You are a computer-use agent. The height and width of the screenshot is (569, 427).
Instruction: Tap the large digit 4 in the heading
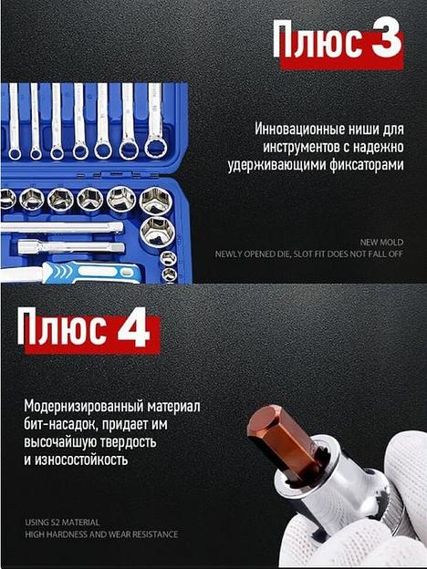(x=133, y=327)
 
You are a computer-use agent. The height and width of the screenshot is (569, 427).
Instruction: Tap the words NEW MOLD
(x=381, y=243)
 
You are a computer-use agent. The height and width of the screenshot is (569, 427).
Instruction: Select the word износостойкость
(x=81, y=460)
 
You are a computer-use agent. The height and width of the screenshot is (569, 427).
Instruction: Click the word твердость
(x=128, y=442)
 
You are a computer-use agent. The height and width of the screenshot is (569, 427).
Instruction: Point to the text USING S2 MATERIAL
(x=62, y=522)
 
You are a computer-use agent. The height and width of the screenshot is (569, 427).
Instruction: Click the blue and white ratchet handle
(x=90, y=272)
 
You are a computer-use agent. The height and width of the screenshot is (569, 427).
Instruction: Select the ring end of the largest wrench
(x=156, y=148)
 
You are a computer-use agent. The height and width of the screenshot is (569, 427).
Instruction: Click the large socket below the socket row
(x=157, y=233)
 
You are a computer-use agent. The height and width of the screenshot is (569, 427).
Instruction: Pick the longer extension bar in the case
(x=62, y=227)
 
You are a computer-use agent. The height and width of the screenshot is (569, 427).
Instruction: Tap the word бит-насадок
(x=60, y=424)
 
